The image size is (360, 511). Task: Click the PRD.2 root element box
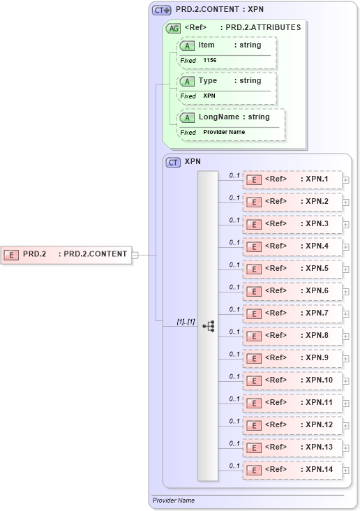[x=66, y=254]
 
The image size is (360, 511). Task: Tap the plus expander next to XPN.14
[x=346, y=471]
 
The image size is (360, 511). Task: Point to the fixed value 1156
[x=210, y=61]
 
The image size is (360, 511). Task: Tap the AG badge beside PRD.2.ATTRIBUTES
[x=172, y=28]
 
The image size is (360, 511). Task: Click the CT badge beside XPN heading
[x=173, y=162]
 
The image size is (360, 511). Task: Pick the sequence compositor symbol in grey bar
[x=208, y=326]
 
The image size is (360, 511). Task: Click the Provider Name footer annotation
[x=174, y=501]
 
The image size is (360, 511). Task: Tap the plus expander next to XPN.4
[x=346, y=247]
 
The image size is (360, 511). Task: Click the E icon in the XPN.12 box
[x=255, y=425]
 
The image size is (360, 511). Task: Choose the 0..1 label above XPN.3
[x=234, y=220]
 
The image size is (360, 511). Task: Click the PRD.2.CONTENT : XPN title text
[x=220, y=10]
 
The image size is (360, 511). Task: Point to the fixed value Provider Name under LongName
[x=224, y=132]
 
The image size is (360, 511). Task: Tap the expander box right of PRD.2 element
[x=135, y=255]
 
